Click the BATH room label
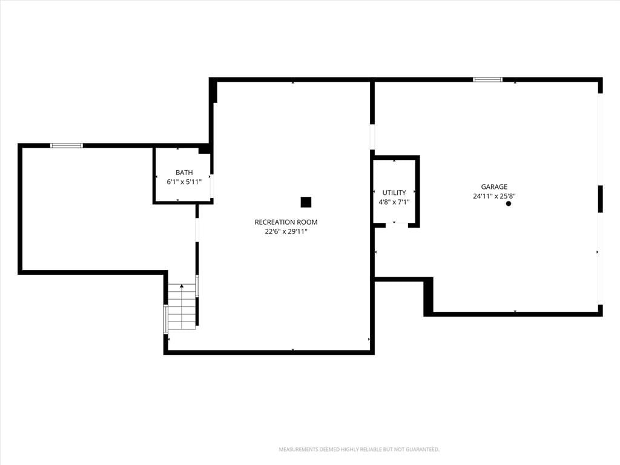coord(184,173)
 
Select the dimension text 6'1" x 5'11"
coord(184,182)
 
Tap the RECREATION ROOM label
coord(286,222)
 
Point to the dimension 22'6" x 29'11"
coord(286,232)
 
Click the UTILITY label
coord(394,193)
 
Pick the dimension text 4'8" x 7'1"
coord(394,202)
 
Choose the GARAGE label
coord(494,186)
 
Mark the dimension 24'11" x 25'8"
coord(494,196)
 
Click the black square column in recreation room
coord(306,202)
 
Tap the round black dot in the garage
coord(509,203)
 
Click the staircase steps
coord(182,307)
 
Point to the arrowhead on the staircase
coord(182,286)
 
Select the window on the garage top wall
coord(488,79)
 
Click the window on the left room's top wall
coord(67,145)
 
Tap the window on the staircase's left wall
coord(166,320)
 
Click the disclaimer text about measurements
coord(359,450)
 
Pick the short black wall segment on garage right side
coord(600,199)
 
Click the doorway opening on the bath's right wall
coord(211,185)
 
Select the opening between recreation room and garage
coord(372,137)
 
